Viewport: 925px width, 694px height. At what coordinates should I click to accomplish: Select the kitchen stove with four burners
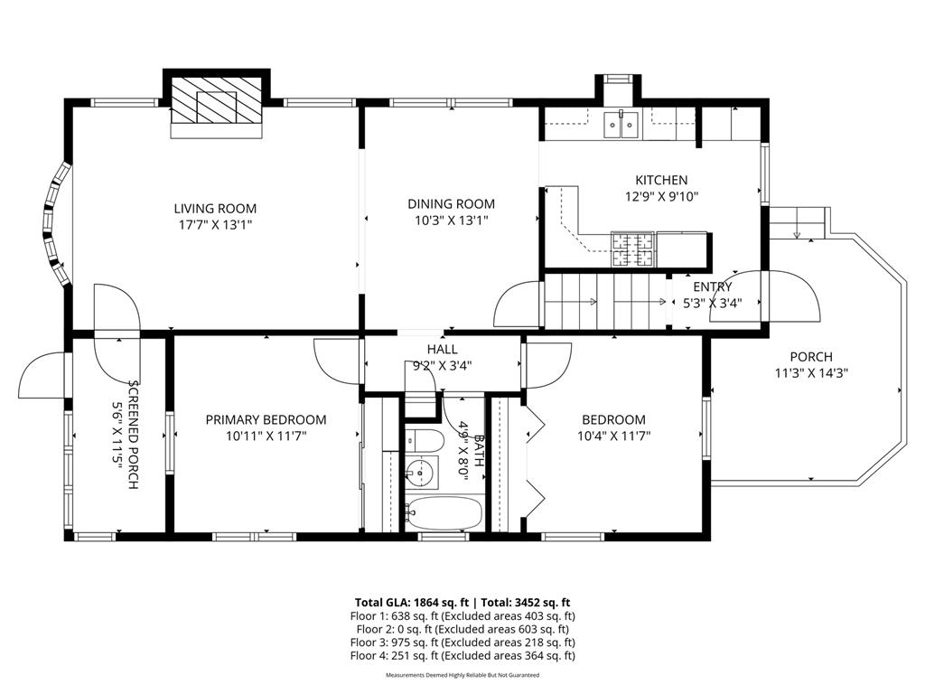point(632,249)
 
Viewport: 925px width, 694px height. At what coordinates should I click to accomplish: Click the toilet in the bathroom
point(423,441)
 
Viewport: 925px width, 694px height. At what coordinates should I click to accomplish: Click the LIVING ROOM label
point(215,209)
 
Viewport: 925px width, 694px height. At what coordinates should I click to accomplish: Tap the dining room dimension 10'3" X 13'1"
point(451,220)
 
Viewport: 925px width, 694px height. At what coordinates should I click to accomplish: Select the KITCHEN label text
point(661,181)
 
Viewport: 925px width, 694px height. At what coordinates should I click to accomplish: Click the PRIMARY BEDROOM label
point(266,420)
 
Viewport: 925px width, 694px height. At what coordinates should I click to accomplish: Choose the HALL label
point(442,350)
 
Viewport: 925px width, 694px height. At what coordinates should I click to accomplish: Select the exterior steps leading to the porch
point(798,220)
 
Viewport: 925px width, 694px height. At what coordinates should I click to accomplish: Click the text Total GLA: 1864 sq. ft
point(413,602)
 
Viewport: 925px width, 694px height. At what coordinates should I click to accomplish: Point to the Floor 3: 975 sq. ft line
point(462,642)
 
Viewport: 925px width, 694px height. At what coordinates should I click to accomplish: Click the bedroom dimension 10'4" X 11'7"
point(613,436)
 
